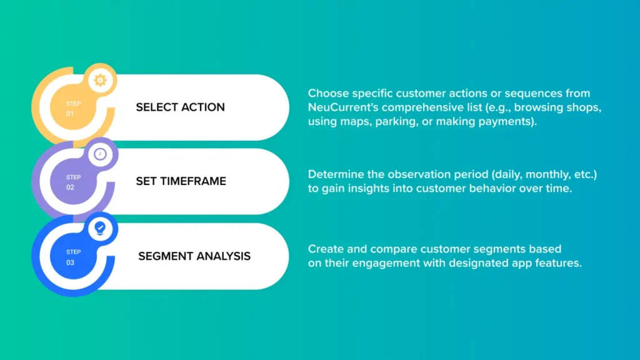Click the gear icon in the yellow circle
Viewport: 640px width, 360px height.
[100, 80]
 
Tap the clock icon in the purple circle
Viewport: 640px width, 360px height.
[100, 154]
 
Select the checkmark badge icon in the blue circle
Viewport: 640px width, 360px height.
[100, 228]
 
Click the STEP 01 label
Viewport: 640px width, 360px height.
[74, 109]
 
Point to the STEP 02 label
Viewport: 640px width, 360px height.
[74, 182]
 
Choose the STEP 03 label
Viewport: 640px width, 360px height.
[74, 257]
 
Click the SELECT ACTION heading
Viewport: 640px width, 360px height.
[181, 107]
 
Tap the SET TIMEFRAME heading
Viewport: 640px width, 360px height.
[181, 181]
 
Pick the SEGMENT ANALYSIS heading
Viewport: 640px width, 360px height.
[194, 256]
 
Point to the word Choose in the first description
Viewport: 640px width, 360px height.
[328, 94]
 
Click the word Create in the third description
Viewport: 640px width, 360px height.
[326, 249]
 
